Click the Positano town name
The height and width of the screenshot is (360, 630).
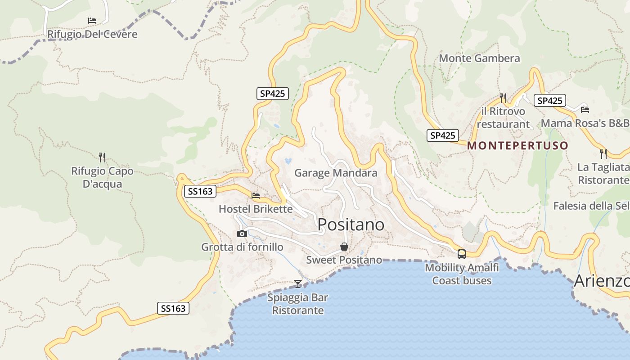(x=351, y=225)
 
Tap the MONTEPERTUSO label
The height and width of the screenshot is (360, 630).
(x=517, y=146)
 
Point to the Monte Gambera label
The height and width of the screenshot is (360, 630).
(x=479, y=58)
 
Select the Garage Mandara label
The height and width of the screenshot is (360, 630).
(x=336, y=173)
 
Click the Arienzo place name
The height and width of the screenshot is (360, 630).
(x=602, y=281)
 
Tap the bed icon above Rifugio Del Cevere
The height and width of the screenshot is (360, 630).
(x=92, y=21)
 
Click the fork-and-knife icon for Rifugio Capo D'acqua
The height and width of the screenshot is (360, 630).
(x=102, y=157)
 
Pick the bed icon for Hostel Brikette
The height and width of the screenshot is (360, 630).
(x=256, y=196)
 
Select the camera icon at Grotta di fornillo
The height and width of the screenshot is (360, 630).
(x=242, y=234)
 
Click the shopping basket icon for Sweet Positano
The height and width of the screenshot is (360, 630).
(x=344, y=247)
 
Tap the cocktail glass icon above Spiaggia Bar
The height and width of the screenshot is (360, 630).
(x=298, y=283)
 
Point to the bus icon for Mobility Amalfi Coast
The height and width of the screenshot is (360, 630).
(x=462, y=254)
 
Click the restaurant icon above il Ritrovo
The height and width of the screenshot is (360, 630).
(x=503, y=98)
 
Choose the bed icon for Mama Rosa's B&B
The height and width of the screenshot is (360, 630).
(x=585, y=109)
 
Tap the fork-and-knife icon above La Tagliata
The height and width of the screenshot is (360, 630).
(x=603, y=154)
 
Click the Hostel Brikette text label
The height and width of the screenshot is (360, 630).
(x=256, y=209)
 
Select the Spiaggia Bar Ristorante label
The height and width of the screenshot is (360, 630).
(x=298, y=304)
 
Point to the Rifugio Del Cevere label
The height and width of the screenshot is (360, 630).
(x=92, y=34)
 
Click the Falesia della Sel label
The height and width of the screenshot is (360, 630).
(x=591, y=206)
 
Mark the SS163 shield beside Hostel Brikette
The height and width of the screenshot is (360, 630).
(x=200, y=191)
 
